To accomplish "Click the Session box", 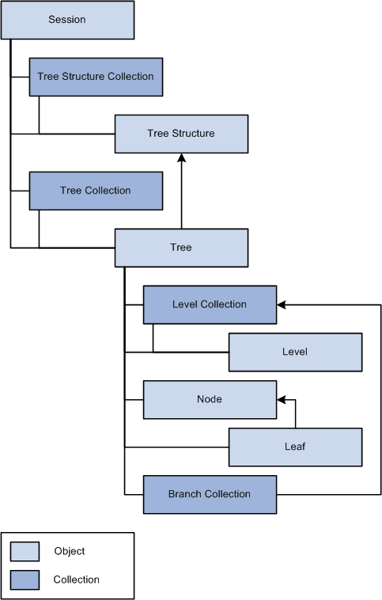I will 67,20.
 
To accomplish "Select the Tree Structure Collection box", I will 96,77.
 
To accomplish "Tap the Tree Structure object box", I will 181,134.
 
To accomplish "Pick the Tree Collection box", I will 96,191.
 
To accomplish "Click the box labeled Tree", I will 181,247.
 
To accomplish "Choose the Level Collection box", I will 210,304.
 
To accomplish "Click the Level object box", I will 295,352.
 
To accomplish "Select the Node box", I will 210,399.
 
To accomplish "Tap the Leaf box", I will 295,447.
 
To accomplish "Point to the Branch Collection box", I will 210,494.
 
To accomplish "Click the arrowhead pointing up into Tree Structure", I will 181,158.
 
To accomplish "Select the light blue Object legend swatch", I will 25,551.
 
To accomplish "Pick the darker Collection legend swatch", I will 25,579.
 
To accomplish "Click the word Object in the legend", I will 70,551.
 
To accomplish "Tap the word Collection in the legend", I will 77,579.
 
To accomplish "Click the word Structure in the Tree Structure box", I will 193,134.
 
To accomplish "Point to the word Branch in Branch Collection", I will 185,494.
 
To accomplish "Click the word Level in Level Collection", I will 184,304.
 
